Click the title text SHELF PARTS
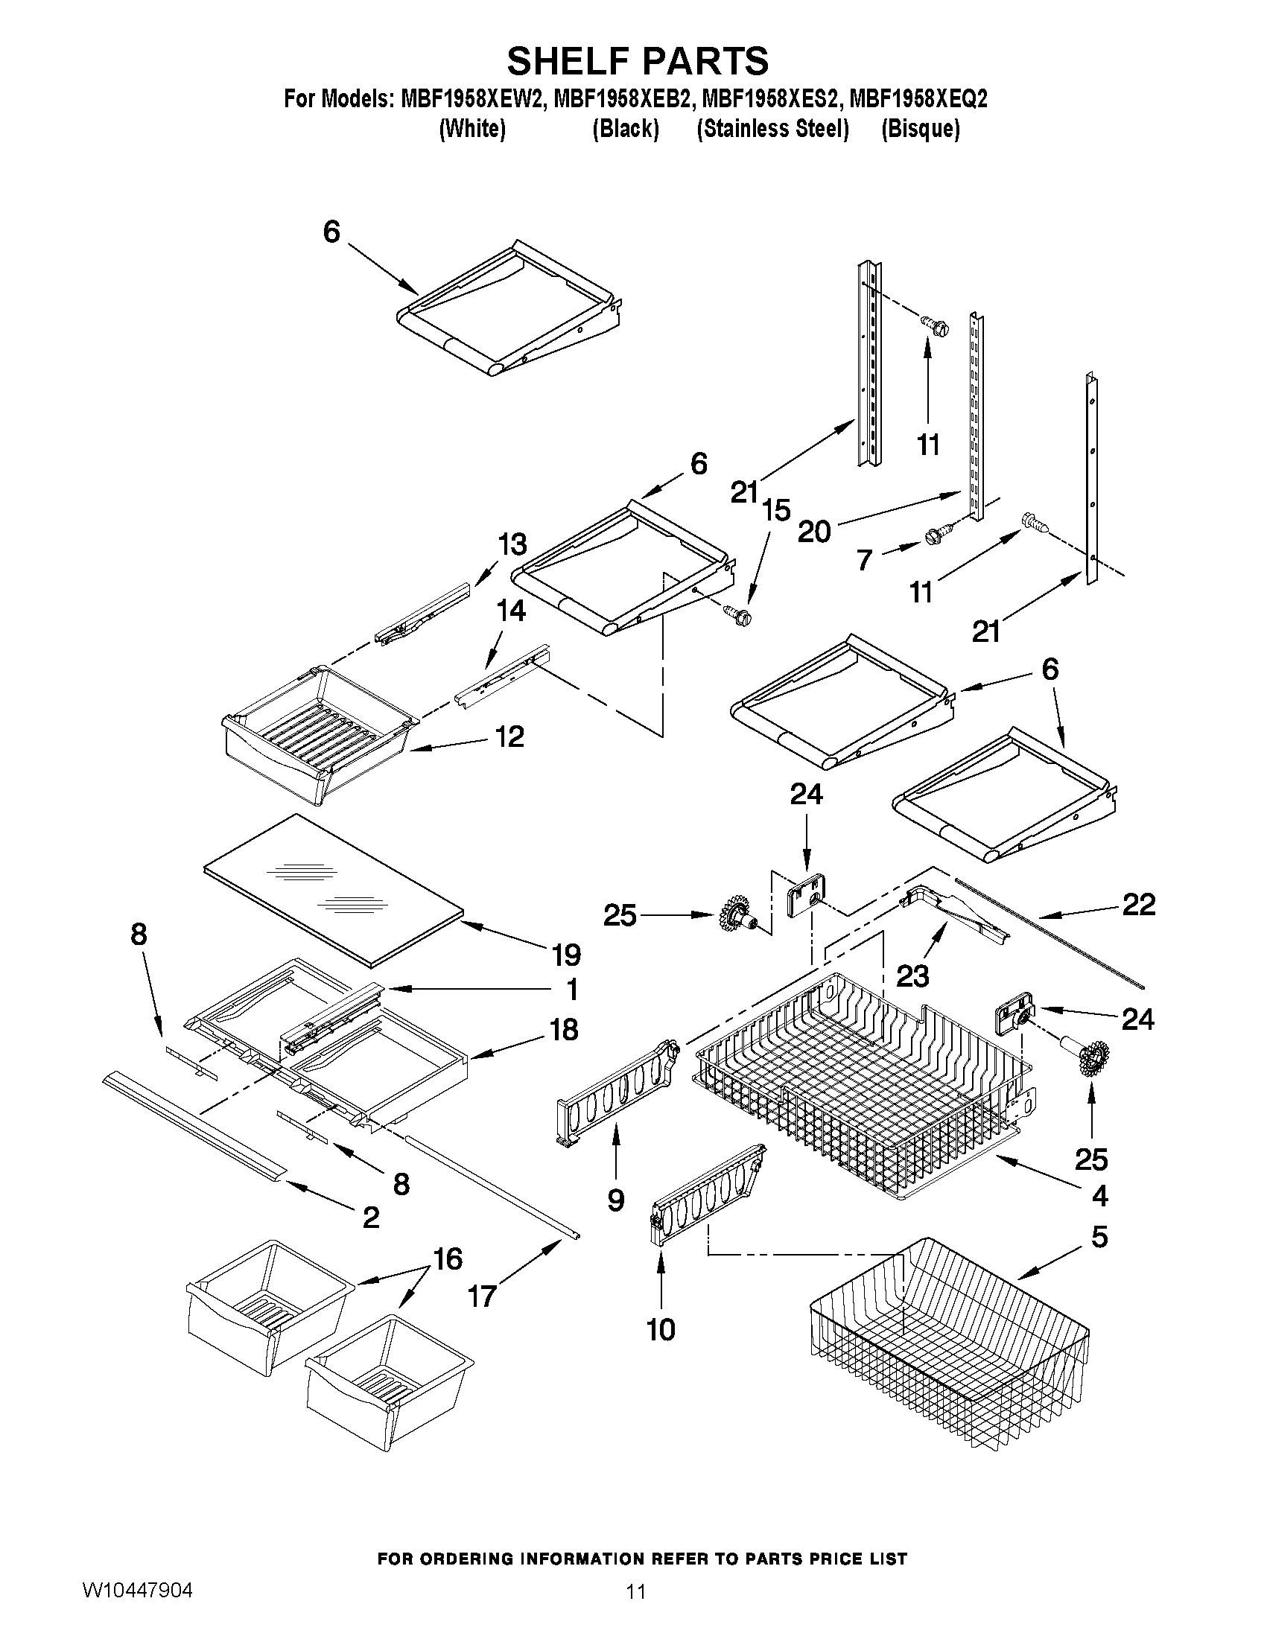[x=638, y=61]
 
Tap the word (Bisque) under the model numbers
[x=920, y=129]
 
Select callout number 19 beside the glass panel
[x=567, y=955]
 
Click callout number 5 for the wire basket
[x=1099, y=1236]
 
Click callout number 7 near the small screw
[x=864, y=560]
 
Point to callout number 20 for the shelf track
[x=813, y=532]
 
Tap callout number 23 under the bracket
[x=912, y=976]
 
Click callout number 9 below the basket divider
[x=615, y=1200]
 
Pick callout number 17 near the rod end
[x=482, y=1296]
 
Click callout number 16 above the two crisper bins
[x=448, y=1259]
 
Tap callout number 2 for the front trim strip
[x=371, y=1218]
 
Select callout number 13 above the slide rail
[x=512, y=544]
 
